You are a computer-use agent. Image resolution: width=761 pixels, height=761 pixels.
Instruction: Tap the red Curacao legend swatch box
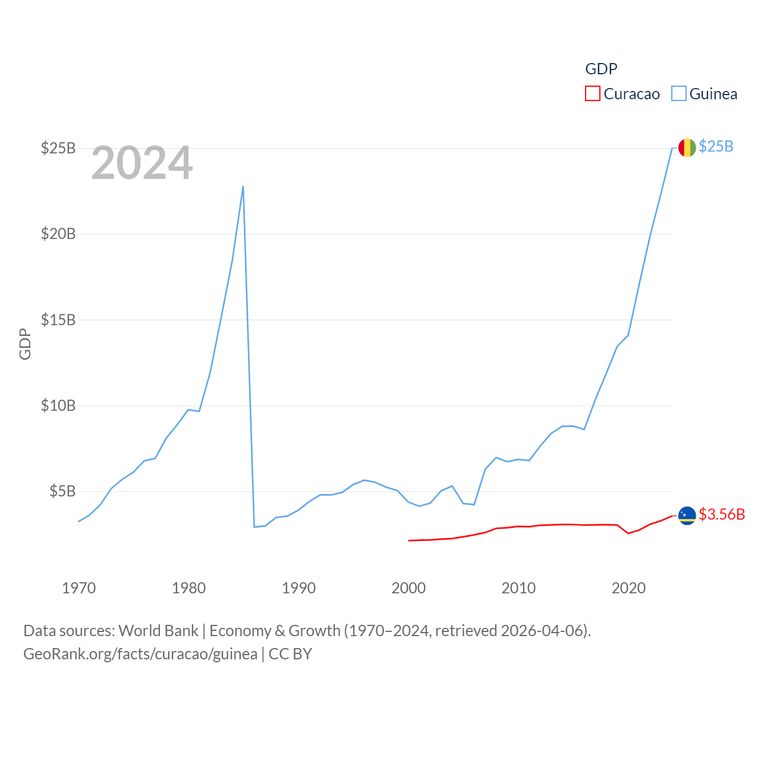coord(593,94)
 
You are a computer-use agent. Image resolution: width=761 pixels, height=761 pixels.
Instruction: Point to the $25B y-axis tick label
coord(58,148)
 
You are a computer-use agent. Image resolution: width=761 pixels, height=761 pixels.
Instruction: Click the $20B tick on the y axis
coord(58,234)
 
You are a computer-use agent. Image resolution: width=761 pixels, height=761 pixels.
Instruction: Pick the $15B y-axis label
coord(58,320)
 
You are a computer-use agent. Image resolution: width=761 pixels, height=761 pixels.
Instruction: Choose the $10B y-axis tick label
coord(58,405)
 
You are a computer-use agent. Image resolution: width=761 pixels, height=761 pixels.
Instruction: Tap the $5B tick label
coord(62,491)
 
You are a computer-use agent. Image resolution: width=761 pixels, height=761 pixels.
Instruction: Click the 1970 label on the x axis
coord(78,588)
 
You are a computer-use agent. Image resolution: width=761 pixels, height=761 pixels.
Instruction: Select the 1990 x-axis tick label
coord(298,588)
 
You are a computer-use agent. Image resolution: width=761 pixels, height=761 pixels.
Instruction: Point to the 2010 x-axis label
coord(518,588)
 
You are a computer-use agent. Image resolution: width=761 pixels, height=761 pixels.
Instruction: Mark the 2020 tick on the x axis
coord(628,588)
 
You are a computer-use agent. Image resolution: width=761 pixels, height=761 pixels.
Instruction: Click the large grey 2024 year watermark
coord(141,163)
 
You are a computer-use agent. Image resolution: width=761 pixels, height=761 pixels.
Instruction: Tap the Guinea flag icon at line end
coord(687,147)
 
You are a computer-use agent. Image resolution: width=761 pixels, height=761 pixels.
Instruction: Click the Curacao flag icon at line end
coord(687,515)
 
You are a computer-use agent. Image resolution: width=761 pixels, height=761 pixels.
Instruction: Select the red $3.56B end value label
coord(722,514)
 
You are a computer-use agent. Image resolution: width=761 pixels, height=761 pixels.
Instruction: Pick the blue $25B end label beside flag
coord(716,146)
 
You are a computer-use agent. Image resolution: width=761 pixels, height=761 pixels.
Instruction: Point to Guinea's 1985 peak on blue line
coord(243,187)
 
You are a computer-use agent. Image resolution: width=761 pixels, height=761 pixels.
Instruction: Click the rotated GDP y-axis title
coord(25,344)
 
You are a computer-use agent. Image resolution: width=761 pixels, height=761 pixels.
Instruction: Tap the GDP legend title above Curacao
coord(601,69)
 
